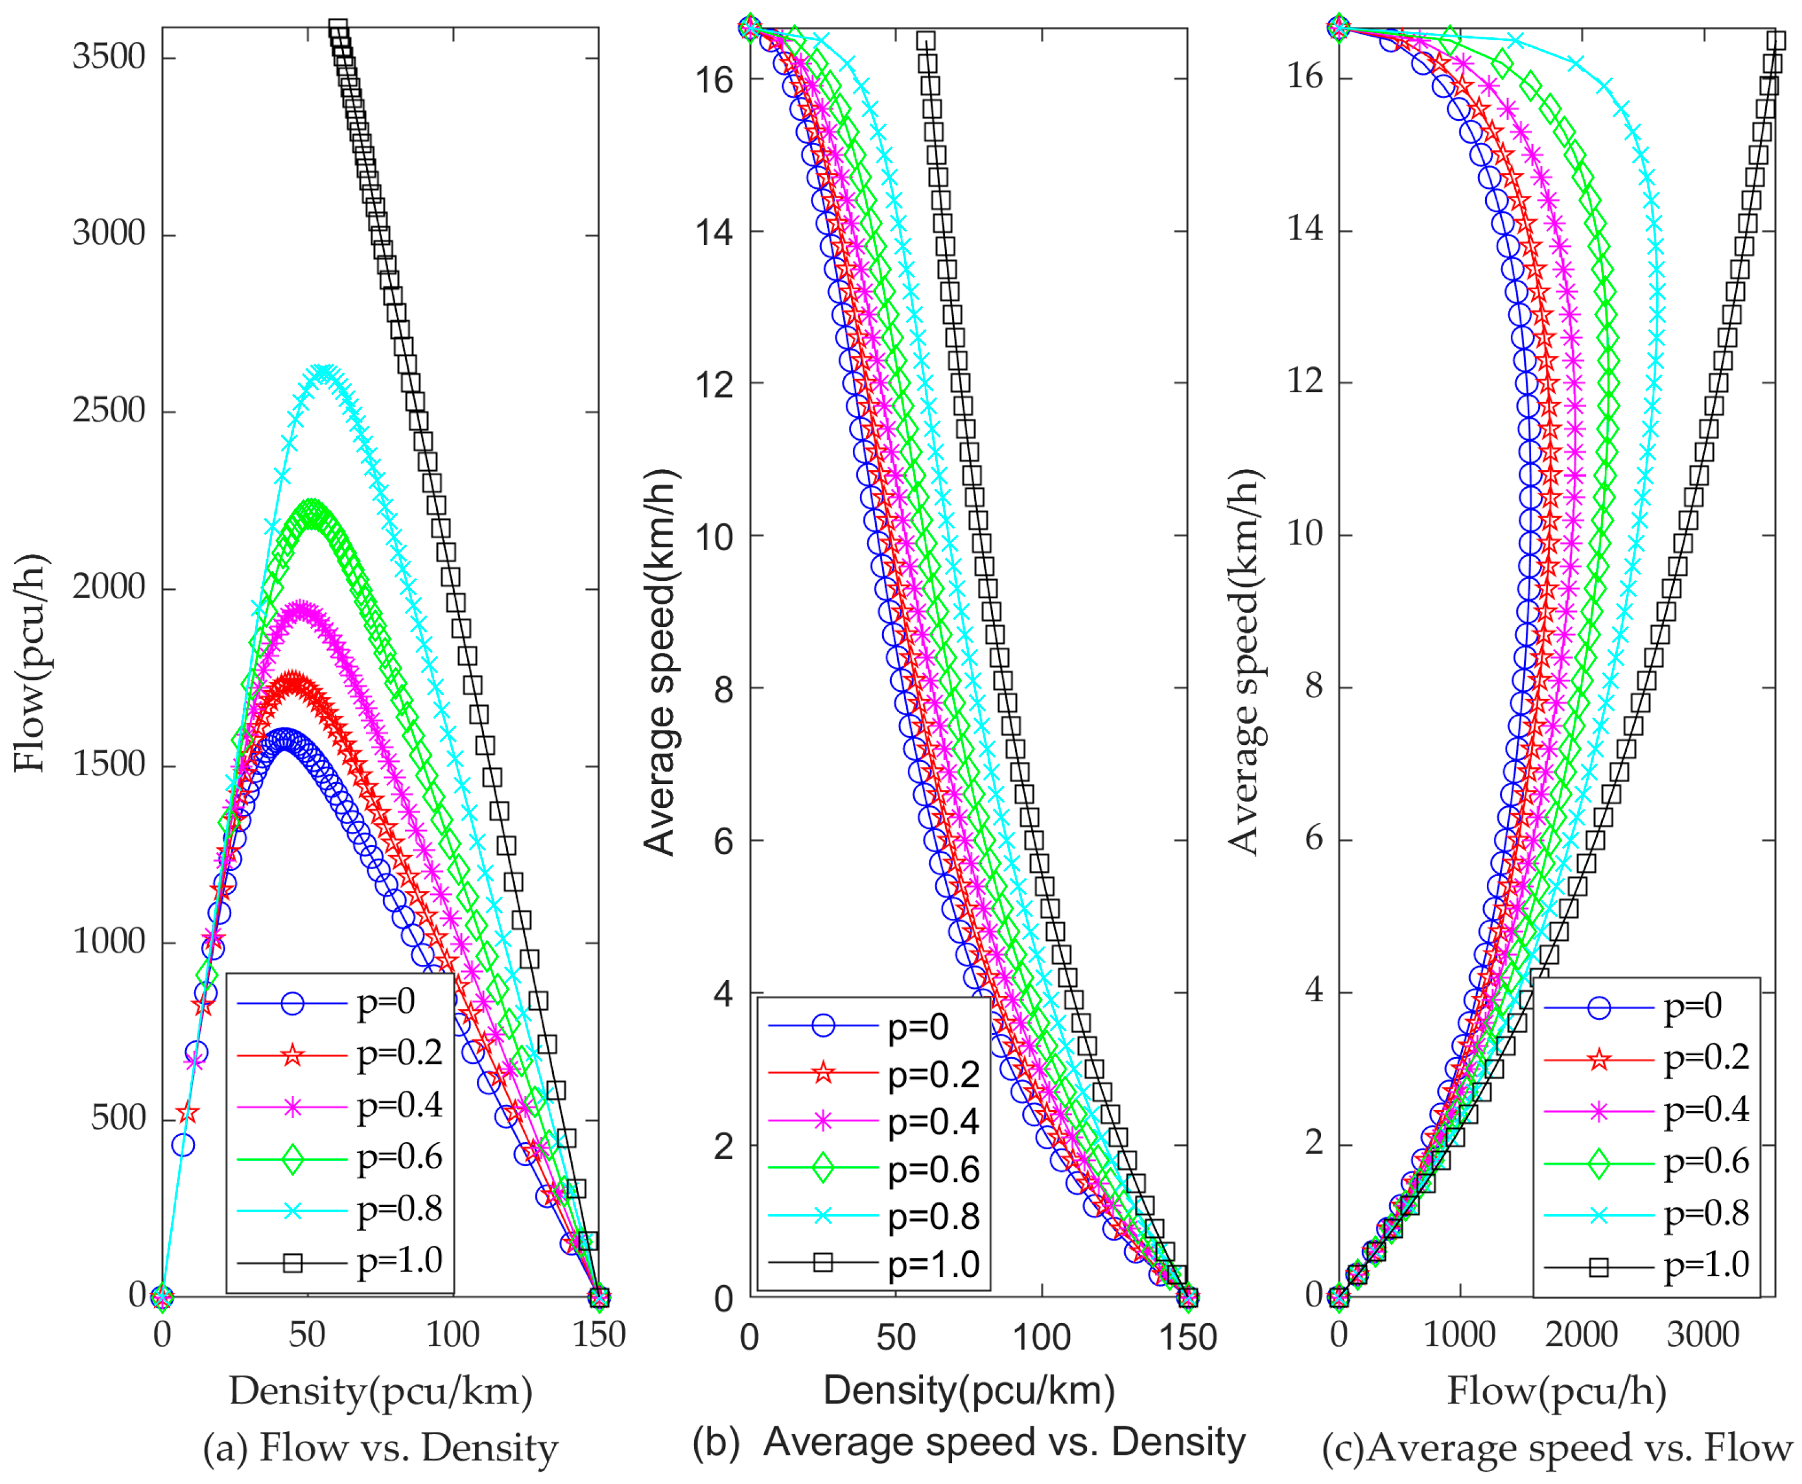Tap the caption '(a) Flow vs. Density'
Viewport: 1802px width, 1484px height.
click(x=380, y=1448)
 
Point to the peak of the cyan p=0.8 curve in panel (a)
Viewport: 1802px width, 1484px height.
click(x=324, y=373)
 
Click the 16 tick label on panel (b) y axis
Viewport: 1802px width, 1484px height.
click(x=715, y=79)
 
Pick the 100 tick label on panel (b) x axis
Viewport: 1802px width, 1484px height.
click(x=1041, y=1337)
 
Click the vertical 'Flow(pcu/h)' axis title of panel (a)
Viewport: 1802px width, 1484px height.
click(x=31, y=663)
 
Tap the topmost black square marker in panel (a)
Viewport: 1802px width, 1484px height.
click(x=338, y=29)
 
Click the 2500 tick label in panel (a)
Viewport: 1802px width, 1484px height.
click(x=109, y=411)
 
